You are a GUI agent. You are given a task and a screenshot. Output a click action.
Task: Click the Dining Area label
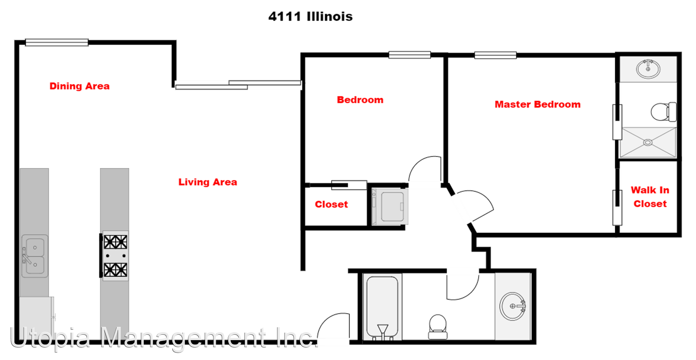tap(80, 86)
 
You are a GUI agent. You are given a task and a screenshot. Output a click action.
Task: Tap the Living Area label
tap(208, 182)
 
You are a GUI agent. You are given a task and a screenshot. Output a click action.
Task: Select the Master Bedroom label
tap(537, 104)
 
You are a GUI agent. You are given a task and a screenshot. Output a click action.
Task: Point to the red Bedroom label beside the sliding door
tap(360, 100)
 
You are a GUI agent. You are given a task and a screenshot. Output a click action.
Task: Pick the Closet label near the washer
tap(331, 204)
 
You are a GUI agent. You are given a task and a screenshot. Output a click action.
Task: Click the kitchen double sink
tap(35, 256)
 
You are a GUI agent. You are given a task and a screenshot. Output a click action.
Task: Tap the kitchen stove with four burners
tap(115, 256)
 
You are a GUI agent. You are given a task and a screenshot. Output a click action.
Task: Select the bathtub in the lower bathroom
tap(382, 307)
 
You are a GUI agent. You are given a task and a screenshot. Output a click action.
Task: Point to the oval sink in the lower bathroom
tap(513, 306)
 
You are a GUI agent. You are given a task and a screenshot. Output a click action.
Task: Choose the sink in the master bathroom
tap(648, 69)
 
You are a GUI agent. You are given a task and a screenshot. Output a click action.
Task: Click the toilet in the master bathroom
tap(663, 112)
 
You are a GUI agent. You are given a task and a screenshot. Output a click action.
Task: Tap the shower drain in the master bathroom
tap(648, 143)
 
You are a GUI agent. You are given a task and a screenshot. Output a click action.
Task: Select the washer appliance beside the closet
tap(390, 207)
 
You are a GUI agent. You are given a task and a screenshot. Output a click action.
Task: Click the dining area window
tap(57, 42)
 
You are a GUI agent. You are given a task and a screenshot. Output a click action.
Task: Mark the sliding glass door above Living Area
tap(238, 85)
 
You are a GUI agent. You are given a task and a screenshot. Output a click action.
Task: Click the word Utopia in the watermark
tap(50, 337)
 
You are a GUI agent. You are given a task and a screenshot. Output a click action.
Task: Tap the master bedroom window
tap(495, 55)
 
